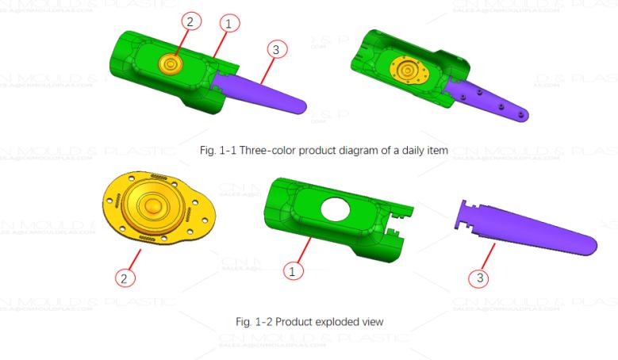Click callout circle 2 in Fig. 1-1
click(x=189, y=22)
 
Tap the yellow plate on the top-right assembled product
click(x=409, y=71)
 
